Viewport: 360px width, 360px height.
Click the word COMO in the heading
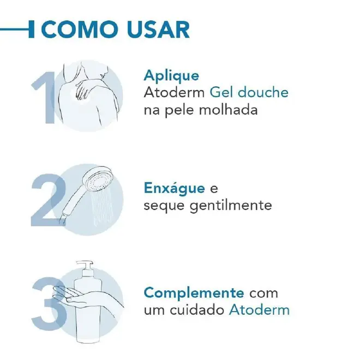79,29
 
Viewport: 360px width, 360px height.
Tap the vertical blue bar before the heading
32,29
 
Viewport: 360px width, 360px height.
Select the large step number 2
48,200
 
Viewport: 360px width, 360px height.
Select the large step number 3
49,303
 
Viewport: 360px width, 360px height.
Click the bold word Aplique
171,76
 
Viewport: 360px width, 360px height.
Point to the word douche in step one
263,92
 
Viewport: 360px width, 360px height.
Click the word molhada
228,110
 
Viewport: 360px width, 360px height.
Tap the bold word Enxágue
175,188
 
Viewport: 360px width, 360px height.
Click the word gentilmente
231,206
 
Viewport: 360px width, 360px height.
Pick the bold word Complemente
194,293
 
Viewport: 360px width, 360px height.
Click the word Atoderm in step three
260,310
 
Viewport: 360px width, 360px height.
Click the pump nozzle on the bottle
85,265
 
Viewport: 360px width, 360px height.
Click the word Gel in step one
221,92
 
